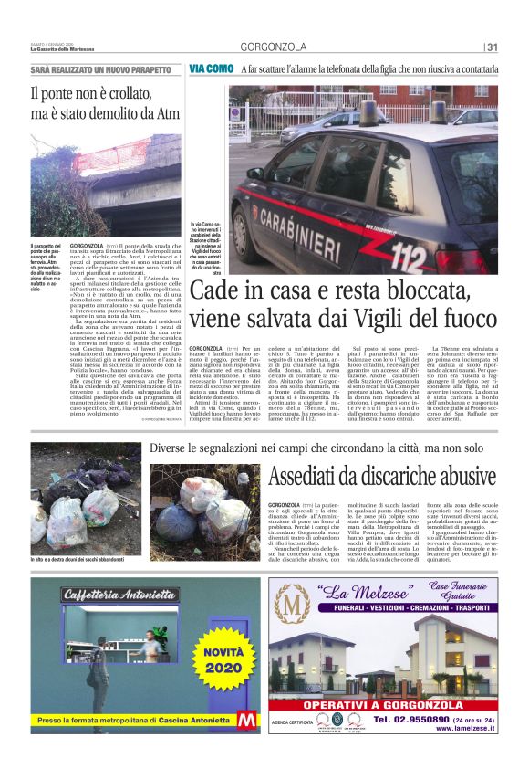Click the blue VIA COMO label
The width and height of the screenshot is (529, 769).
click(212, 69)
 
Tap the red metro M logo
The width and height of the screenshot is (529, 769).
click(247, 720)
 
